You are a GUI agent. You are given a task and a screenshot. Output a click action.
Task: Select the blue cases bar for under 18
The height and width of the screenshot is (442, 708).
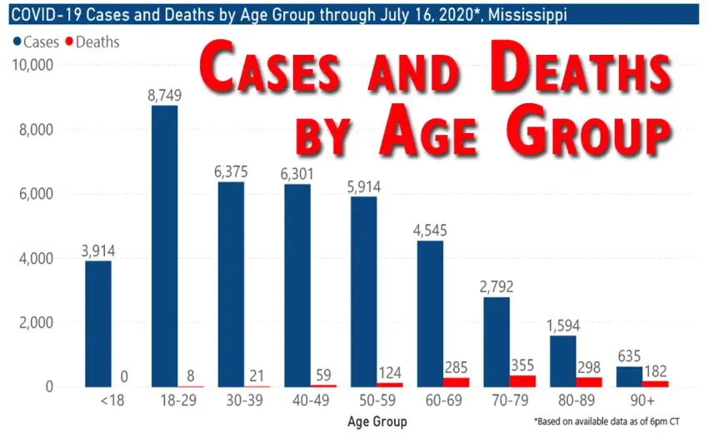pos(97,324)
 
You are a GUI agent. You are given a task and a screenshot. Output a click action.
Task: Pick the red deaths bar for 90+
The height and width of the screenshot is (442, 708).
pos(655,384)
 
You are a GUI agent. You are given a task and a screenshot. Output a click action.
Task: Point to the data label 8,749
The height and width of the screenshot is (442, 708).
pos(165,95)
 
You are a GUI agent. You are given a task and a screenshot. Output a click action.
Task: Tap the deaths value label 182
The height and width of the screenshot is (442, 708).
pos(656,369)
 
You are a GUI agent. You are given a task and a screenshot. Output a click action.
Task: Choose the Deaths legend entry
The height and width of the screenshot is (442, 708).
pos(93,42)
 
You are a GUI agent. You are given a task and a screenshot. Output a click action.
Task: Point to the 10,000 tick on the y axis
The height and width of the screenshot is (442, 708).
pos(31,65)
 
